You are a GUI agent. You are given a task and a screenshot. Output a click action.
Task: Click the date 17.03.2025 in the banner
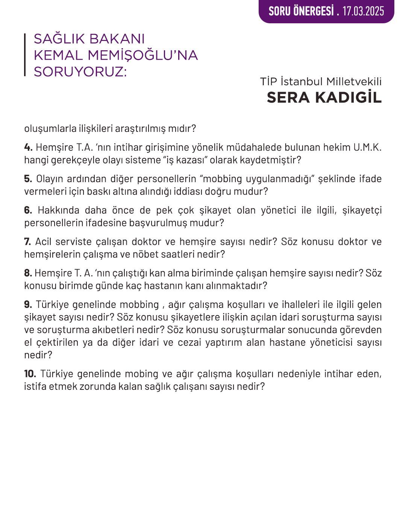point(363,11)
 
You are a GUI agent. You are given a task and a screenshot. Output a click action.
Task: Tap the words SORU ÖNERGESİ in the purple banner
point(301,11)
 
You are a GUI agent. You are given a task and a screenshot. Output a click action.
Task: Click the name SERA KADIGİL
point(324,98)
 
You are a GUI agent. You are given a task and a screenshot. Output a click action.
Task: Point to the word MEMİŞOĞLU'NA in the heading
point(142,55)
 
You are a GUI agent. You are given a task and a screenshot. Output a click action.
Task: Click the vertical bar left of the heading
point(25,55)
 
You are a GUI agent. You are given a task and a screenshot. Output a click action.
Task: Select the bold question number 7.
point(28,241)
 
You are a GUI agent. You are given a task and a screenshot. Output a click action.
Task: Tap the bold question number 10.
point(30,374)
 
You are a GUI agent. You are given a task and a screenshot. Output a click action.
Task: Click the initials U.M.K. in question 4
point(367,147)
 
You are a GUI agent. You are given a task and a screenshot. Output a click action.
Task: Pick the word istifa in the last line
point(35,386)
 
